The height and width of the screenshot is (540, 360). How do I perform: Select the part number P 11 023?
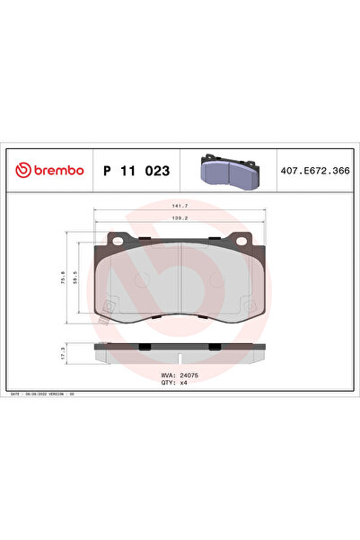click(x=136, y=170)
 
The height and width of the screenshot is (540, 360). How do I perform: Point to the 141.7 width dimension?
click(x=180, y=207)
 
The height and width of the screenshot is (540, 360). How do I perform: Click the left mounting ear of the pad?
click(x=116, y=240)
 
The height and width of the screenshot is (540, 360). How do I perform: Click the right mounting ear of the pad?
click(x=241, y=240)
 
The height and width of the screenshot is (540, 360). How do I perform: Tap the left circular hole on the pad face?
click(x=140, y=279)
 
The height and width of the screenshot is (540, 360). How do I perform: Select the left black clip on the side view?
click(x=144, y=347)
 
